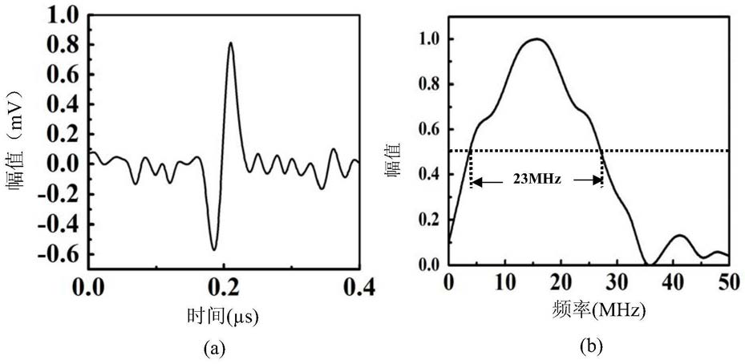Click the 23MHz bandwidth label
tap(536, 181)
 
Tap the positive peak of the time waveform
tap(230, 43)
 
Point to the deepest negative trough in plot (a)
tap(213, 249)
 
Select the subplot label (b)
tap(589, 347)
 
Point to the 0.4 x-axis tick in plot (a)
tap(355, 286)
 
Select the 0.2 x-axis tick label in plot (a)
tap(222, 286)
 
